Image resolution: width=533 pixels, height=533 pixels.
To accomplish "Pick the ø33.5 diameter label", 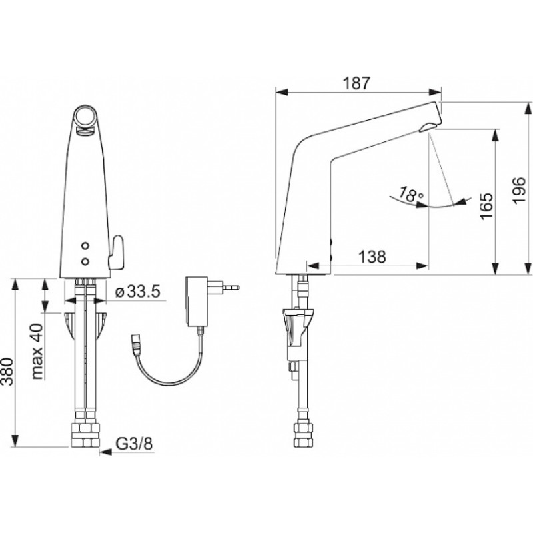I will [x=138, y=291].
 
